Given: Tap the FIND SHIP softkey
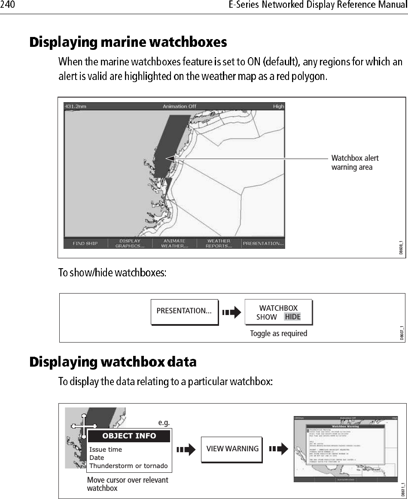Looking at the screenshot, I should point(85,244).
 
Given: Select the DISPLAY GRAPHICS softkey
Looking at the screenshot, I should point(130,244).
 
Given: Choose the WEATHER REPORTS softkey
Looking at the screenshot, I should point(219,244).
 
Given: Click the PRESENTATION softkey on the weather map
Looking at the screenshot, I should point(263,244).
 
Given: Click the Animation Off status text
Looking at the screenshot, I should point(174,106).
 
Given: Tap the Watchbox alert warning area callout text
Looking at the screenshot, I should point(355,162).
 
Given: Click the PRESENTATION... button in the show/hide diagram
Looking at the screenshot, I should point(184,311).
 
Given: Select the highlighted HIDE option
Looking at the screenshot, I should point(292,317).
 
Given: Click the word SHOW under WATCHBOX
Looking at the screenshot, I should point(267,317).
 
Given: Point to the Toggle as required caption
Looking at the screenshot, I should point(278,333).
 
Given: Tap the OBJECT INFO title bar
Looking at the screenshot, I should point(129,436).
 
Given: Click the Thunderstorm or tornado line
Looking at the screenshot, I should point(128,466).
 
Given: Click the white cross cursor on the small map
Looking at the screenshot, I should point(84,426).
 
